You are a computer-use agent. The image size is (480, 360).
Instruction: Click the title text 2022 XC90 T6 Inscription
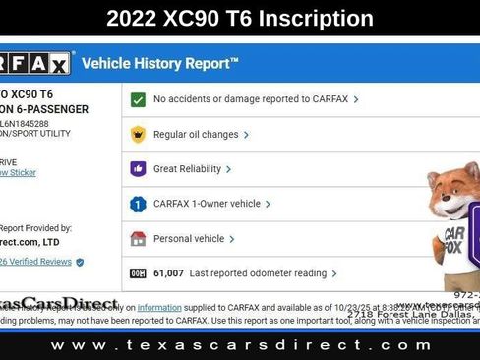coord(240,18)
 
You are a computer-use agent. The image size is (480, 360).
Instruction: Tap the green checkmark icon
coord(139,99)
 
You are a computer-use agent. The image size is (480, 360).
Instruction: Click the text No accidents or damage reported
coord(251,99)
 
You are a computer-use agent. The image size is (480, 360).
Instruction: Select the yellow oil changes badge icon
coord(139,134)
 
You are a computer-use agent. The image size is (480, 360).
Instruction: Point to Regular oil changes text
coord(196,134)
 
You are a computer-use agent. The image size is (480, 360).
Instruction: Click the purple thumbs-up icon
coord(139,168)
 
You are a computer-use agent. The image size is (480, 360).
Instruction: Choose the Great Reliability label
coord(187,168)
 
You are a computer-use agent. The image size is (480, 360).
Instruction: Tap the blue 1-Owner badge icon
coord(139,204)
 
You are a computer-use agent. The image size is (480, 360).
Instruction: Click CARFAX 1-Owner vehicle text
coord(207,204)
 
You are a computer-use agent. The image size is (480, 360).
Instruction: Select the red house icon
coord(139,238)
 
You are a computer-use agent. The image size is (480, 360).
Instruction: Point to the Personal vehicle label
coord(189,238)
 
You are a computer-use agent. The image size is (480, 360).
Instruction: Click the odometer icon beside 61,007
coord(139,273)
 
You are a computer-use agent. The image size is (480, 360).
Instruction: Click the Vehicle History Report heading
coord(159,64)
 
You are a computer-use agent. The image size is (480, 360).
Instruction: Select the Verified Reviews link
coord(37,262)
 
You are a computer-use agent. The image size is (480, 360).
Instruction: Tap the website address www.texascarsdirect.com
coord(241,345)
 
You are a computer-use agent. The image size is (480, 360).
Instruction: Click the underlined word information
coord(158,308)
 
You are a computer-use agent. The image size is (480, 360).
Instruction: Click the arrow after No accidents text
coord(356,99)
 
